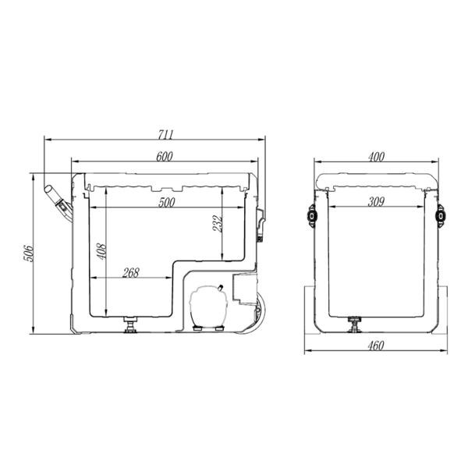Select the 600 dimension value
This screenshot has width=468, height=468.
(x=164, y=156)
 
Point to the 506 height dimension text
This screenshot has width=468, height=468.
(x=26, y=255)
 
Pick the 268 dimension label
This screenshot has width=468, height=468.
(x=131, y=272)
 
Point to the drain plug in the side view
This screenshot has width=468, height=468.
(x=129, y=323)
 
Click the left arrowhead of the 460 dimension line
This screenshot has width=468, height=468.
(x=305, y=348)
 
